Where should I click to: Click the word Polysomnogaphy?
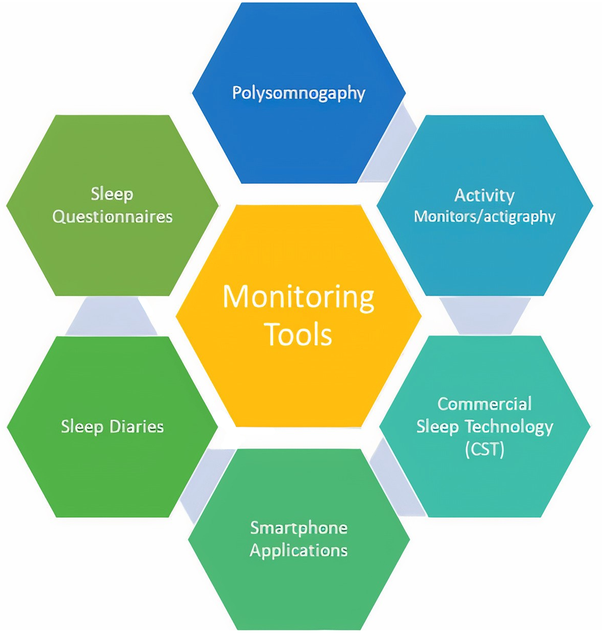(298, 93)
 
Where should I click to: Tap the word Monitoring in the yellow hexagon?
(298, 297)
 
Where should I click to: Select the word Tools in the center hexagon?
(299, 334)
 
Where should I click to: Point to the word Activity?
(484, 195)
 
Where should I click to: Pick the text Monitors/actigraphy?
(484, 217)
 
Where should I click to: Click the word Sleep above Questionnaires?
(112, 194)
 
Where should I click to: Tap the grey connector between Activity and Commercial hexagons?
(484, 316)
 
